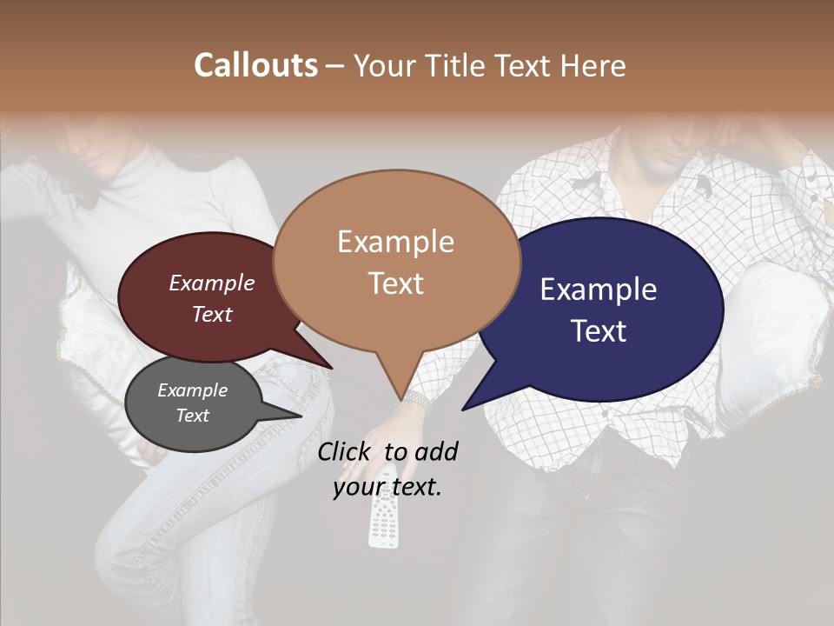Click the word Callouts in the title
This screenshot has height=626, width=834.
click(x=255, y=65)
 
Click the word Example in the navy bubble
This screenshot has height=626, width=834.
click(x=599, y=290)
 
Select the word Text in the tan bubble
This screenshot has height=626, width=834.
click(x=396, y=283)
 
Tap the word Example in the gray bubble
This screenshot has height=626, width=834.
click(x=193, y=390)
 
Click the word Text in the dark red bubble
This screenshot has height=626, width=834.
click(x=212, y=314)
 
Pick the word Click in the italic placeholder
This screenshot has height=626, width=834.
click(x=346, y=451)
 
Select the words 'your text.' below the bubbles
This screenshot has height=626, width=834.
click(x=387, y=488)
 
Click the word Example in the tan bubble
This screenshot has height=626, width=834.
click(x=396, y=242)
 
